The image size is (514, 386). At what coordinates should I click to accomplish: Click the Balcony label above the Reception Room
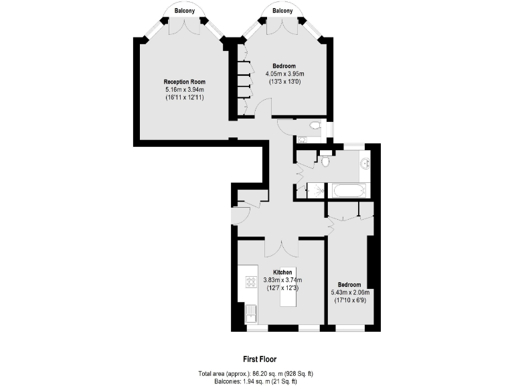[x=185, y=11]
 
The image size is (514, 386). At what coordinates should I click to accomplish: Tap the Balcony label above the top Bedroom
[x=282, y=11]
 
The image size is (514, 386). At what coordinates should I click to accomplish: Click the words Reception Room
[x=185, y=82]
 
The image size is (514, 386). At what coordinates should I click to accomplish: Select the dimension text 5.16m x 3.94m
[x=185, y=90]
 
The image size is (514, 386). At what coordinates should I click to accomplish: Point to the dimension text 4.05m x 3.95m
[x=284, y=74]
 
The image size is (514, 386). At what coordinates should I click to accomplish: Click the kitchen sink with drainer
[x=252, y=314]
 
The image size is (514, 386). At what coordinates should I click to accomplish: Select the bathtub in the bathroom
[x=349, y=191]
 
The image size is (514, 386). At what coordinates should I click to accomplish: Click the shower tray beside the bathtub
[x=313, y=191]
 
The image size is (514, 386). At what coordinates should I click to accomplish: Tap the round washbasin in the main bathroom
[x=364, y=163]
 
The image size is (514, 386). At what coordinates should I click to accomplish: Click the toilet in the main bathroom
[x=325, y=161]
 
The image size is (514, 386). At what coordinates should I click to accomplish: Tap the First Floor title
[x=259, y=359]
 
